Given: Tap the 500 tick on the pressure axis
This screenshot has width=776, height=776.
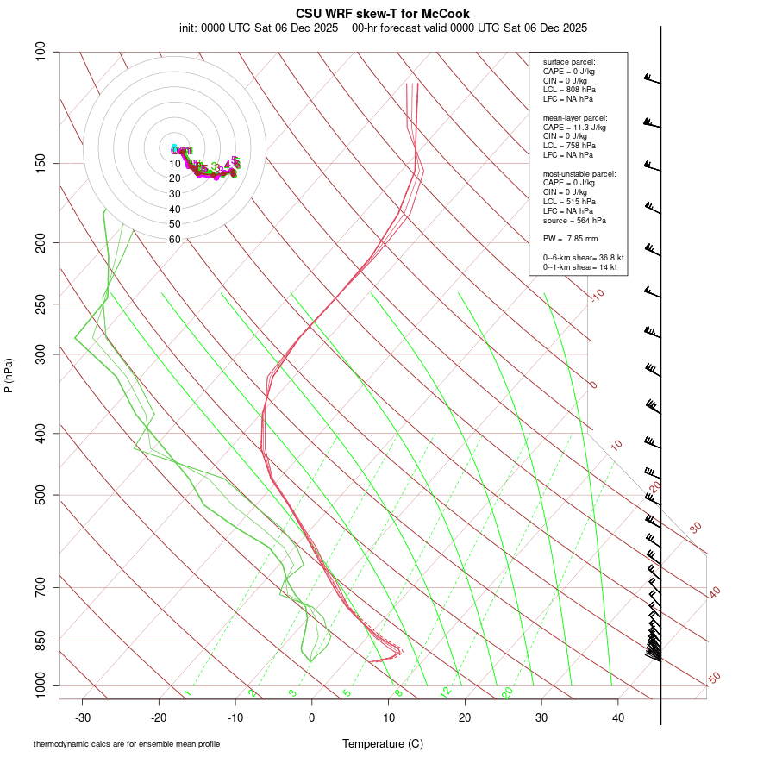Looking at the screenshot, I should (41, 495).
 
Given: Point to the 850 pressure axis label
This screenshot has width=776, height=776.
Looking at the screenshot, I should (41, 641).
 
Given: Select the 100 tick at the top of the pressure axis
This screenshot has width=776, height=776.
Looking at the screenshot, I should (41, 52).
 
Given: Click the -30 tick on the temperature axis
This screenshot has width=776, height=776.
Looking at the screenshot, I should (83, 717).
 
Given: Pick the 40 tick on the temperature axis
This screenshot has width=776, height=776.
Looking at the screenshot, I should (618, 717).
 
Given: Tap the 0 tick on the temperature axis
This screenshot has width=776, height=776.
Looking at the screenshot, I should (312, 717).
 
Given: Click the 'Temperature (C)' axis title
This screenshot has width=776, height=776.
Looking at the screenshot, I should (383, 743).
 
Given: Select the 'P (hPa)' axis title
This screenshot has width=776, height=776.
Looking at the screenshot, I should (9, 375).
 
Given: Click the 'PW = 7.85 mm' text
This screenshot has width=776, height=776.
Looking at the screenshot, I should (570, 239).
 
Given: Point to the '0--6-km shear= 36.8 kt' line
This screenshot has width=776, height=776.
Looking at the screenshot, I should (583, 258).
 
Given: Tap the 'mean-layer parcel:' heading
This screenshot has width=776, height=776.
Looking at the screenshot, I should (575, 117).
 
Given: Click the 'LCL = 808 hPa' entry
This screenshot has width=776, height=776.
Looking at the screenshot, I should (569, 90).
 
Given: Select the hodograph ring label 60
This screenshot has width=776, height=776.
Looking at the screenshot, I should (174, 240).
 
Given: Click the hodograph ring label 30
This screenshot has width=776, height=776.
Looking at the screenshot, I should (174, 194).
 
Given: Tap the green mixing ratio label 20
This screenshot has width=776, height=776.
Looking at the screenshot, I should (508, 692).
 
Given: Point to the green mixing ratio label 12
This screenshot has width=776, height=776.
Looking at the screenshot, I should (446, 692).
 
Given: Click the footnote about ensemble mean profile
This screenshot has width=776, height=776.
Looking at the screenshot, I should (127, 743).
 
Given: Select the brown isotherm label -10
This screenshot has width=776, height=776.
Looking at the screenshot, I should (597, 295).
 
